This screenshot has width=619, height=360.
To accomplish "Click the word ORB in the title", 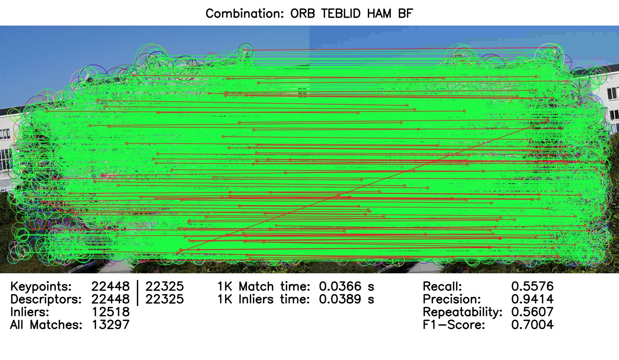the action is tap(302, 13).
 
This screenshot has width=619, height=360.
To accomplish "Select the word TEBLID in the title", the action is tap(341, 13).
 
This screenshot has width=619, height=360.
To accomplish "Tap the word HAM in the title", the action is tap(379, 13).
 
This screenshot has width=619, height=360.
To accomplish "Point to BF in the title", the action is tap(405, 13).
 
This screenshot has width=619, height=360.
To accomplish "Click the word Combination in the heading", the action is tap(245, 13).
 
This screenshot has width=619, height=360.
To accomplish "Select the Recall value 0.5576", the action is tap(532, 286).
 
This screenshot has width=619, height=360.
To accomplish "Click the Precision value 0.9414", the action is tap(532, 299).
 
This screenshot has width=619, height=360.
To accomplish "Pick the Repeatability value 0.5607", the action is tap(532, 312).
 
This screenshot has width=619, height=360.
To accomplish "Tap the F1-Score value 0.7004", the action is tap(532, 324).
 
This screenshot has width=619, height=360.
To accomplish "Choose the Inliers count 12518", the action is tap(111, 312).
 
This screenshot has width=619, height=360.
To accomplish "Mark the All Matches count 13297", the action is tap(111, 324).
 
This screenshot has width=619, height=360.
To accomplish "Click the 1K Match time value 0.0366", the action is tap(340, 286).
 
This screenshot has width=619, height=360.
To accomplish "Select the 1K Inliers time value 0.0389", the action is tap(340, 299).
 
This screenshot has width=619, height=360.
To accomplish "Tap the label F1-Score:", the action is tap(454, 324).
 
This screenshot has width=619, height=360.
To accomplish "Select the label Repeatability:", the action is tap(463, 312).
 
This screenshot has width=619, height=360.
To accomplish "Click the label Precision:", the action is tap(452, 299).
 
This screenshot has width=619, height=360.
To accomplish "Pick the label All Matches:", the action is tap(46, 324).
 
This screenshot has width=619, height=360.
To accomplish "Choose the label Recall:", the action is tap(443, 286).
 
